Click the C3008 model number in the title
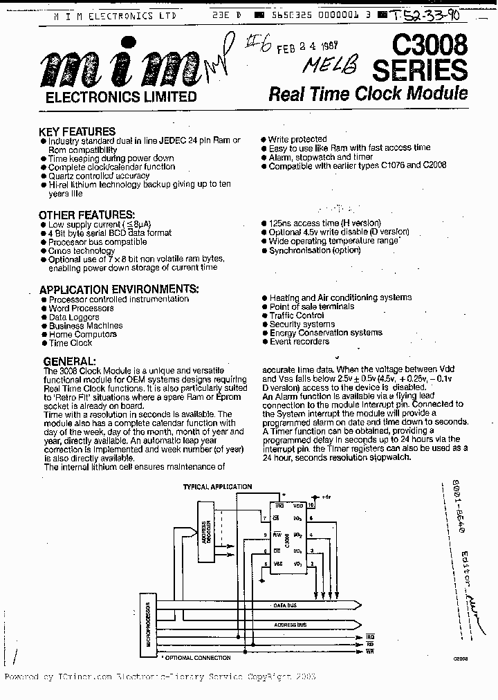[x=430, y=46]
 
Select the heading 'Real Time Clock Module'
[x=367, y=93]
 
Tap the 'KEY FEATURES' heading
[x=77, y=131]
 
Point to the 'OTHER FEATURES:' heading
[x=86, y=215]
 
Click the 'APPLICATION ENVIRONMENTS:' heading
[x=119, y=289]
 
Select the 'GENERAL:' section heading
[x=69, y=361]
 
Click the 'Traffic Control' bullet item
[x=296, y=315]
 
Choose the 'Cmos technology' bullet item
[x=82, y=250]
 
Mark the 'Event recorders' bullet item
[x=299, y=341]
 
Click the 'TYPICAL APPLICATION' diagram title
[x=217, y=487]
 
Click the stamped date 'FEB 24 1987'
[x=305, y=48]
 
